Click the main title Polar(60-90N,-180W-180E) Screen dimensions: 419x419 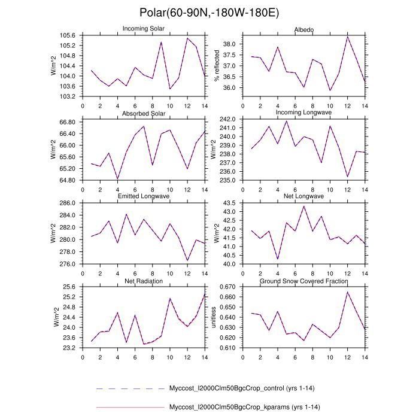pos(209,13)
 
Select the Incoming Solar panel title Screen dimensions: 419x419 pos(144,29)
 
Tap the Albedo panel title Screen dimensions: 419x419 pos(304,29)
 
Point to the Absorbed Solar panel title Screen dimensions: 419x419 pos(144,114)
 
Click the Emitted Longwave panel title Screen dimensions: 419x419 pos(144,196)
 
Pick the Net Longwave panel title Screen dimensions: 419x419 pos(304,196)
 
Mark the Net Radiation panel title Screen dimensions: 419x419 pos(144,281)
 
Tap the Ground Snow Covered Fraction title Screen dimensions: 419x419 pos(304,281)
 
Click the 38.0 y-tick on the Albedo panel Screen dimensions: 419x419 pos(231,44)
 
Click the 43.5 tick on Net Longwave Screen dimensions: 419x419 pos(231,204)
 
